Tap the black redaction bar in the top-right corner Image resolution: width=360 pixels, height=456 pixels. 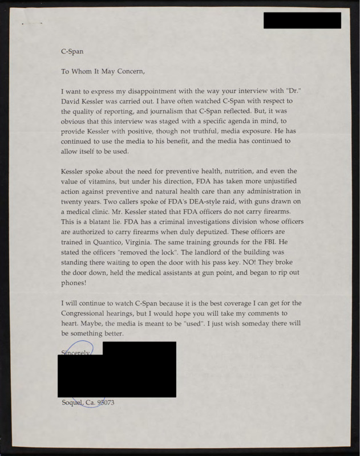coord(302,20)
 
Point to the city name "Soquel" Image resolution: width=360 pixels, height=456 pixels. coord(72,404)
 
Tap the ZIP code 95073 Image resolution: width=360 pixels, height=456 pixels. coord(107,404)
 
